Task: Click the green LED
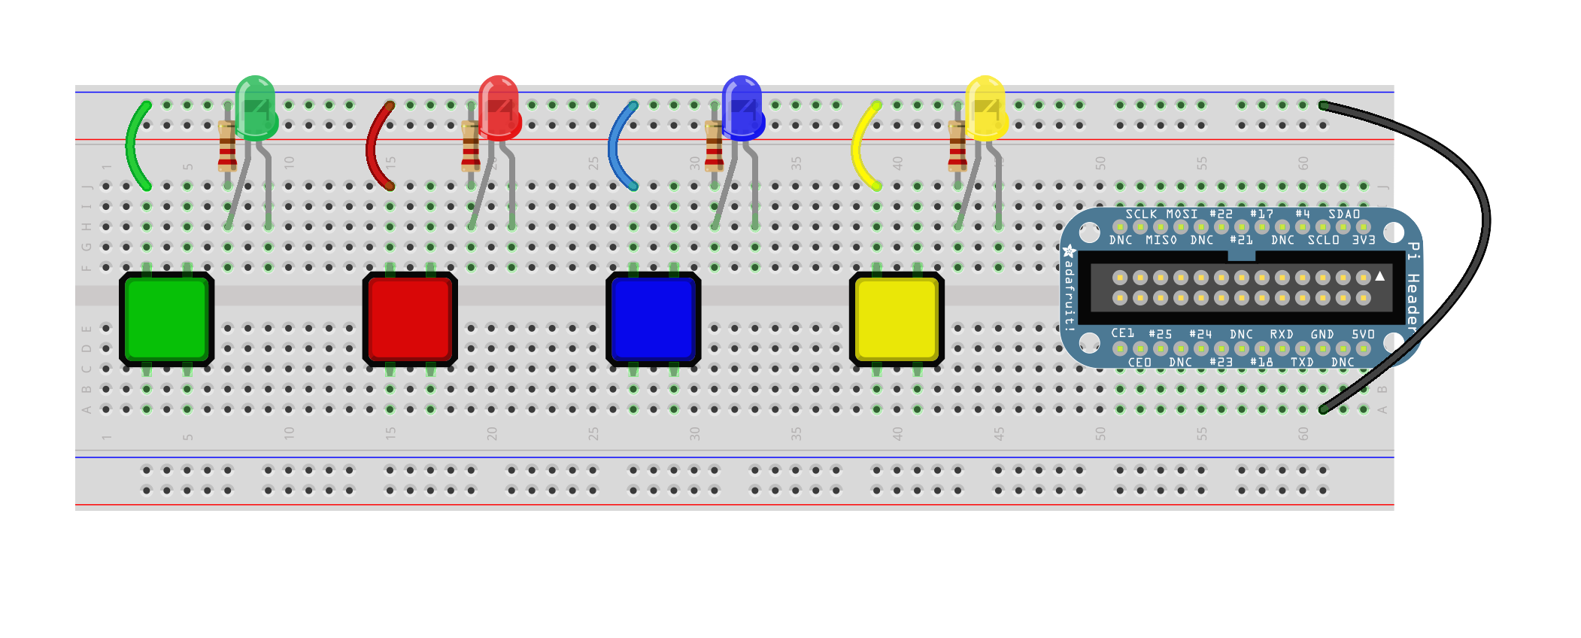(x=256, y=109)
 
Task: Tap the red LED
(x=499, y=109)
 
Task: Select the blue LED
(x=742, y=109)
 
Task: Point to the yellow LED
(x=985, y=109)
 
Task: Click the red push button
(x=410, y=319)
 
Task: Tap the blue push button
(x=653, y=319)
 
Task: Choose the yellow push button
(x=897, y=319)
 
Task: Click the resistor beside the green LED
(x=227, y=147)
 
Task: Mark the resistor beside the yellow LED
(x=957, y=147)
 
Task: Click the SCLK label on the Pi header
(x=1140, y=214)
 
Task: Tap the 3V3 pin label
(x=1363, y=240)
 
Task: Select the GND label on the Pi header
(x=1322, y=334)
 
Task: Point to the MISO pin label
(x=1161, y=240)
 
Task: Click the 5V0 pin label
(x=1362, y=334)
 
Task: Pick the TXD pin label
(x=1301, y=362)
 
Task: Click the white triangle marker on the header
(x=1379, y=277)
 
